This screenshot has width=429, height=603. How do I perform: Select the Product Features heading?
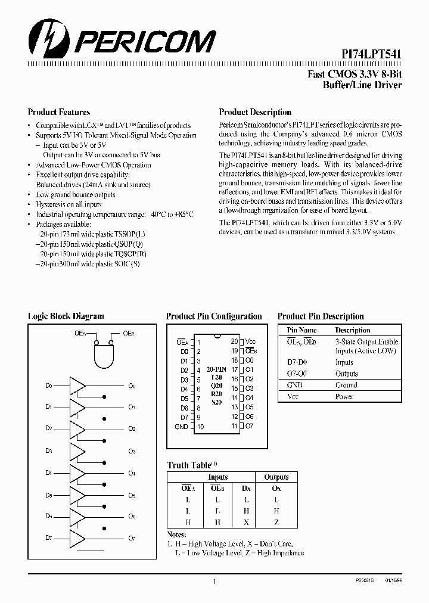(x=59, y=112)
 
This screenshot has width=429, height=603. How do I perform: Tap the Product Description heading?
(x=255, y=112)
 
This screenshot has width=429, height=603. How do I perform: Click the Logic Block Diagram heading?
(x=66, y=316)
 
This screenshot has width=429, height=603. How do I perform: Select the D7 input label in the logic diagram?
(x=49, y=538)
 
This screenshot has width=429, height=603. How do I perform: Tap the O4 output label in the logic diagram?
(x=132, y=473)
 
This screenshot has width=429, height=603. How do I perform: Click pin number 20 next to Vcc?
(x=234, y=341)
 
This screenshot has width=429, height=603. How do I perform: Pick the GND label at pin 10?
(x=181, y=427)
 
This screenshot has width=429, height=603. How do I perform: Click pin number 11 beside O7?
(x=234, y=426)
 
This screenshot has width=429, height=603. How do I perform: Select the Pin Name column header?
(x=302, y=330)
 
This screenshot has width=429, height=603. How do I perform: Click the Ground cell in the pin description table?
(x=346, y=385)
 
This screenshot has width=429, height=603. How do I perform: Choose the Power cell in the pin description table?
(x=344, y=396)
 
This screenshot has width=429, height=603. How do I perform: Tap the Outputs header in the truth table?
(x=276, y=477)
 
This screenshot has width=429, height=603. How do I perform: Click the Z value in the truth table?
(x=276, y=522)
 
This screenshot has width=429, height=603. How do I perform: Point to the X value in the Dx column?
(x=246, y=522)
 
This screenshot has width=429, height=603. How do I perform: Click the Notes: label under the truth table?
(x=177, y=534)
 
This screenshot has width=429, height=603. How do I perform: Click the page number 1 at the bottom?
(x=214, y=581)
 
